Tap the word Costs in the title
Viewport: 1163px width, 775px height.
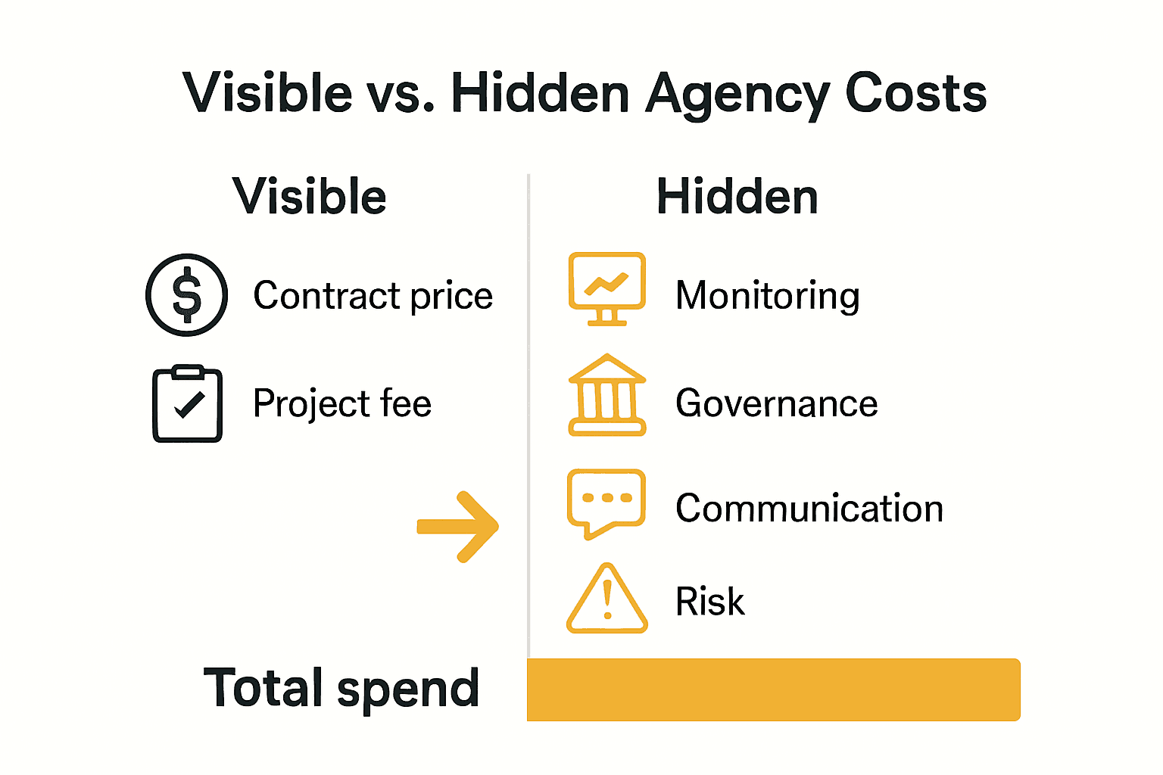(x=915, y=94)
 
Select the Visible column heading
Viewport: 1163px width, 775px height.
(x=310, y=197)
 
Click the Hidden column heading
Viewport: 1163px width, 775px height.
(x=737, y=197)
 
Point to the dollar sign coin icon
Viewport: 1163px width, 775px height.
(x=186, y=295)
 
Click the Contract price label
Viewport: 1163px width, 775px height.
(x=373, y=296)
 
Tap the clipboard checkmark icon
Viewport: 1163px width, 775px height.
(x=187, y=404)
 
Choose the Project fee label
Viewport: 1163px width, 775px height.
(x=342, y=403)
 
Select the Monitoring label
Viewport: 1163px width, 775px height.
(x=768, y=296)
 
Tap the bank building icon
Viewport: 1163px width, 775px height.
(x=607, y=395)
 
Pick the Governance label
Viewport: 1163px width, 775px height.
(x=777, y=403)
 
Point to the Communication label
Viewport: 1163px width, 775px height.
(x=809, y=509)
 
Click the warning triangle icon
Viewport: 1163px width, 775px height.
(x=607, y=600)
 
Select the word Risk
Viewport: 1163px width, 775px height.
(x=709, y=602)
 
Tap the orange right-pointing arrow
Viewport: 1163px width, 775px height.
(x=459, y=527)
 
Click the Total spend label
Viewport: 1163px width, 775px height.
(x=341, y=689)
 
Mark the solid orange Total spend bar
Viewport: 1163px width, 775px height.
(x=773, y=689)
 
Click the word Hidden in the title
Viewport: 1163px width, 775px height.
(x=540, y=94)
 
